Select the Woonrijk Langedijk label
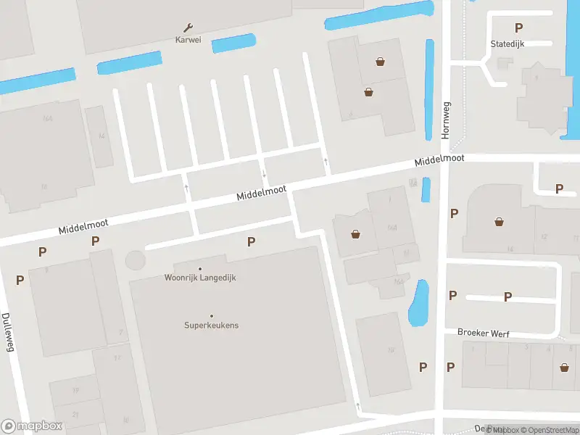(200, 278)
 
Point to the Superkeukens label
(211, 326)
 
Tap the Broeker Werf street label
(483, 333)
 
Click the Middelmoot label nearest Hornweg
(439, 162)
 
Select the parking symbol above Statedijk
(518, 28)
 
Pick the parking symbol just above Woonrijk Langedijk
(251, 241)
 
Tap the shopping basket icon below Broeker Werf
(564, 367)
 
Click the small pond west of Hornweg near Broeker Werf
(418, 302)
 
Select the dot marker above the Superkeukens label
(211, 315)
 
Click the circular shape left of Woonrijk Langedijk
(135, 260)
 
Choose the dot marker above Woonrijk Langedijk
(200, 268)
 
